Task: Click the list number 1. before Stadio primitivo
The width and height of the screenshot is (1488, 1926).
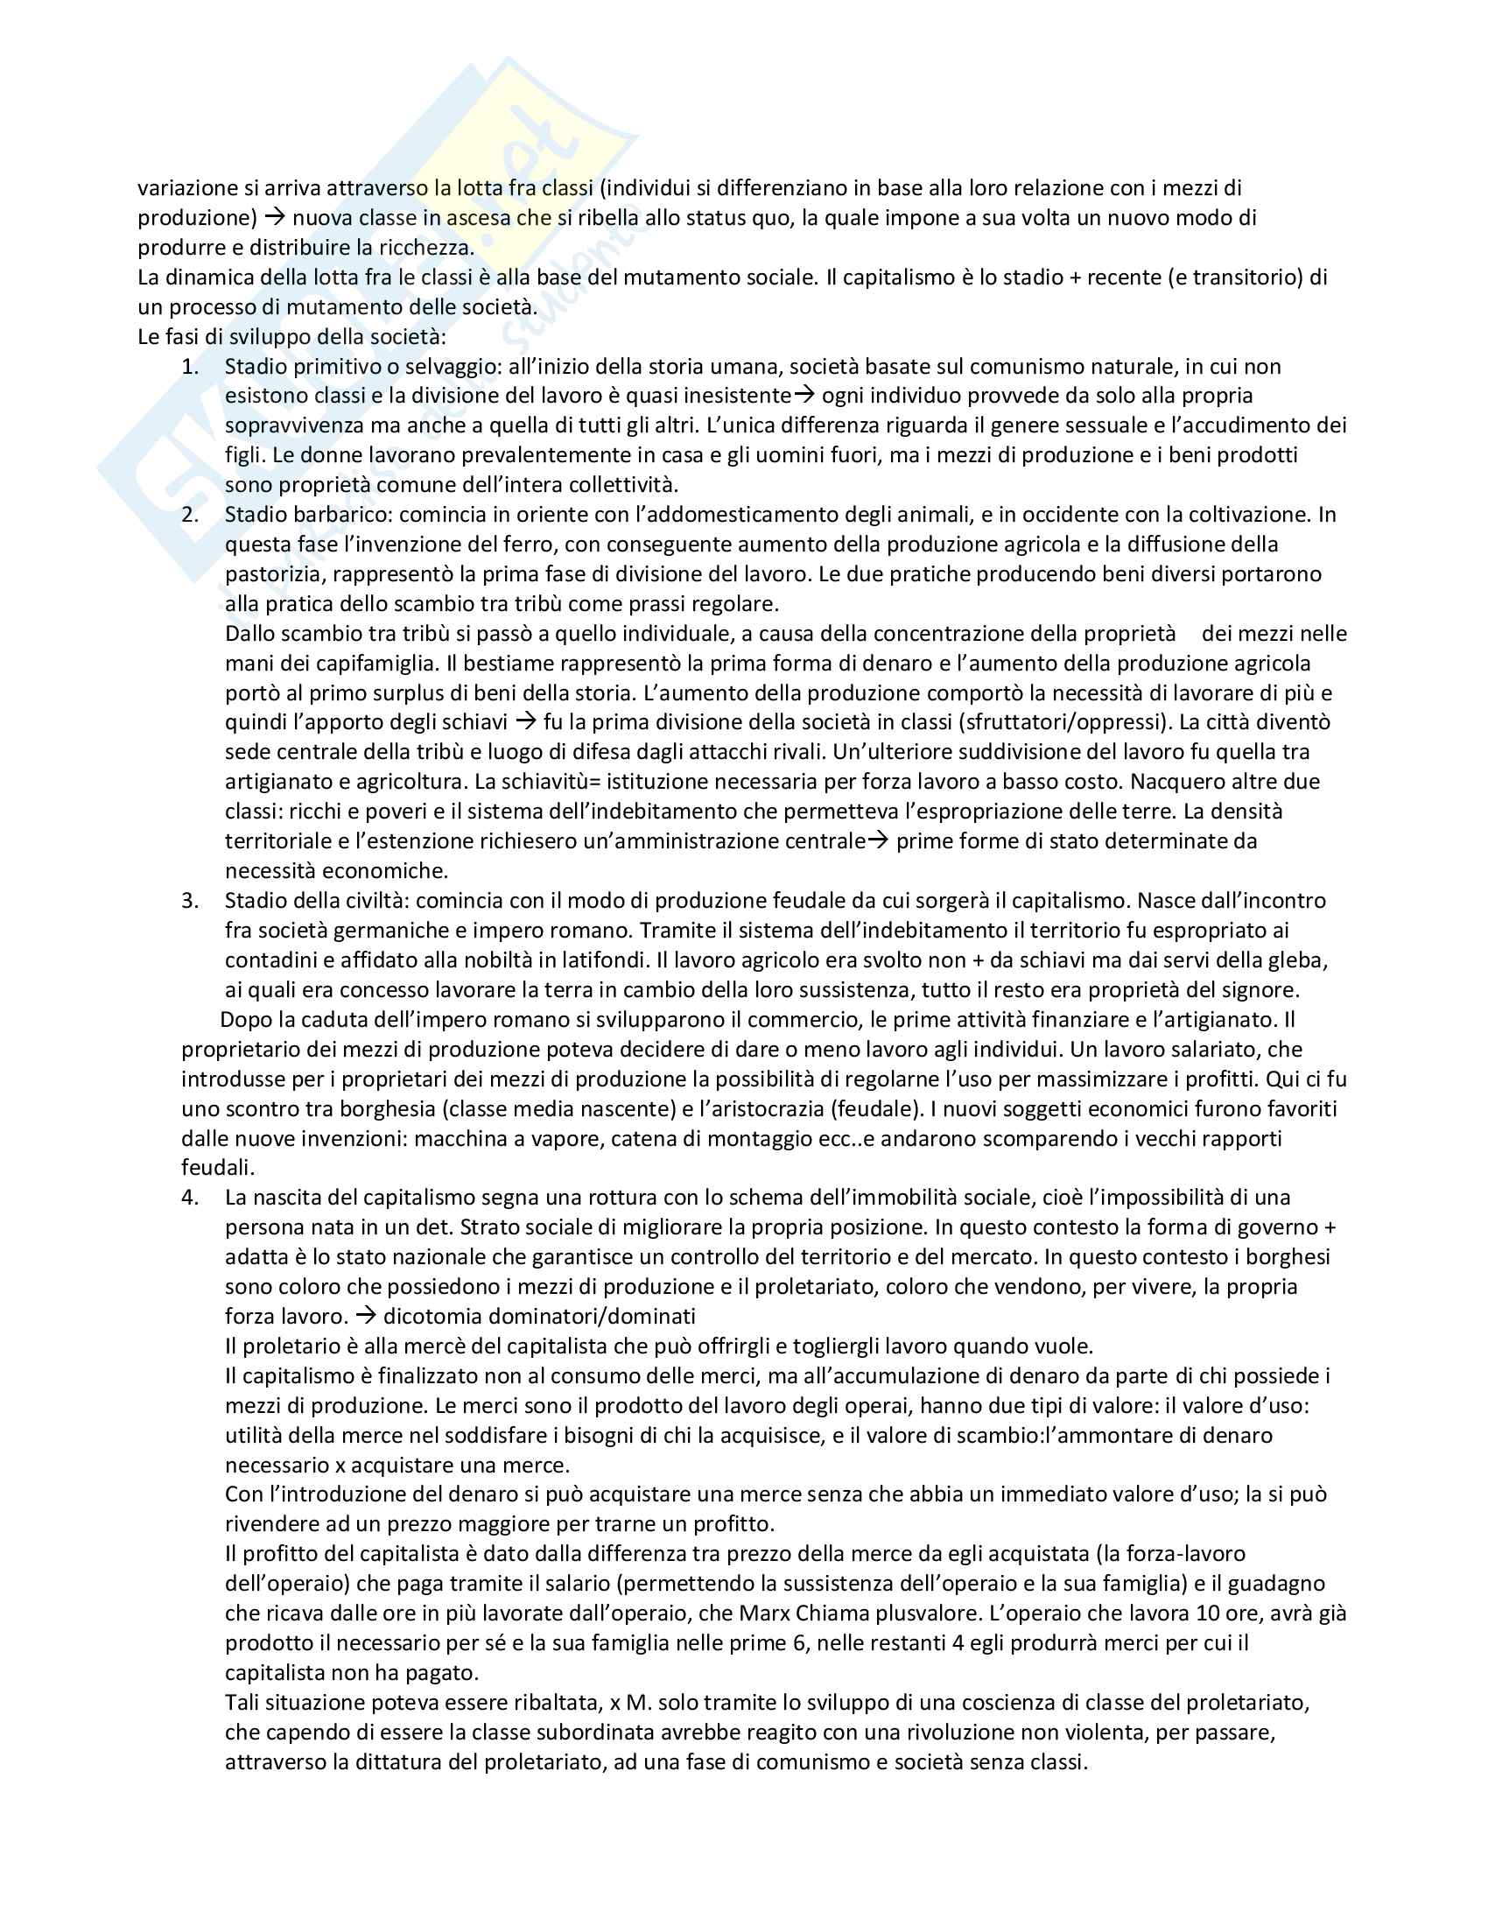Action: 191,367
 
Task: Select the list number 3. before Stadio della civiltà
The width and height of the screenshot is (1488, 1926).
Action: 191,900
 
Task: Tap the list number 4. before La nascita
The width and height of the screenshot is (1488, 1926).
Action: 191,1198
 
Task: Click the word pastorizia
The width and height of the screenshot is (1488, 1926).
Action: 273,575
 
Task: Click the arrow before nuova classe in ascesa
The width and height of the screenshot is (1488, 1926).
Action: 276,218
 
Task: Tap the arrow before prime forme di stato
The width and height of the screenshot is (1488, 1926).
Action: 878,841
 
